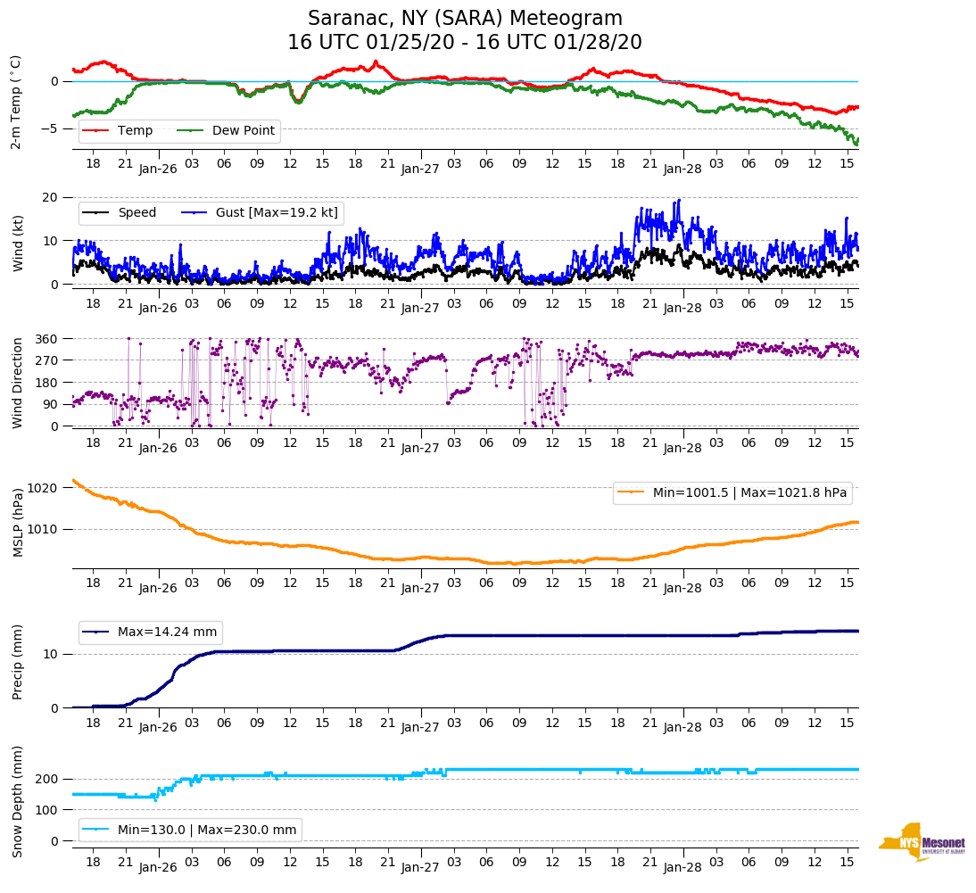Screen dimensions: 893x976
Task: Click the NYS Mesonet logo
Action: [x=922, y=842]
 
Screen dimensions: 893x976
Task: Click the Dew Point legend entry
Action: [x=244, y=131]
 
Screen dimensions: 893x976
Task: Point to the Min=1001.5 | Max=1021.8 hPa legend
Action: [x=732, y=492]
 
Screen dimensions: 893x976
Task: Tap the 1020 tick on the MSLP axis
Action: [x=44, y=488]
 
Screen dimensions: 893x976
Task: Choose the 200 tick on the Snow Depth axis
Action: [x=47, y=780]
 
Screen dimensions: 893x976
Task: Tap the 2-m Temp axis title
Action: [x=16, y=101]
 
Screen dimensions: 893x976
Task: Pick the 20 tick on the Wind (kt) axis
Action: [x=51, y=197]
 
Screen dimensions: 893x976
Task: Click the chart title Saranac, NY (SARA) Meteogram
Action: [x=465, y=19]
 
